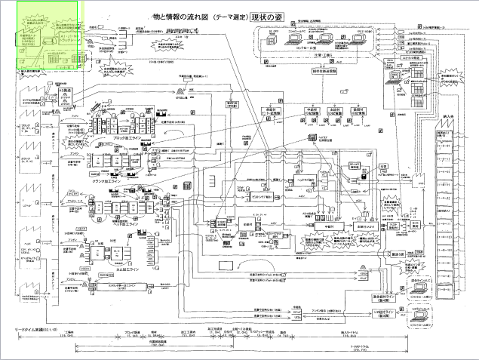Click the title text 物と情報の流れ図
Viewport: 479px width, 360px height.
(x=179, y=15)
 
